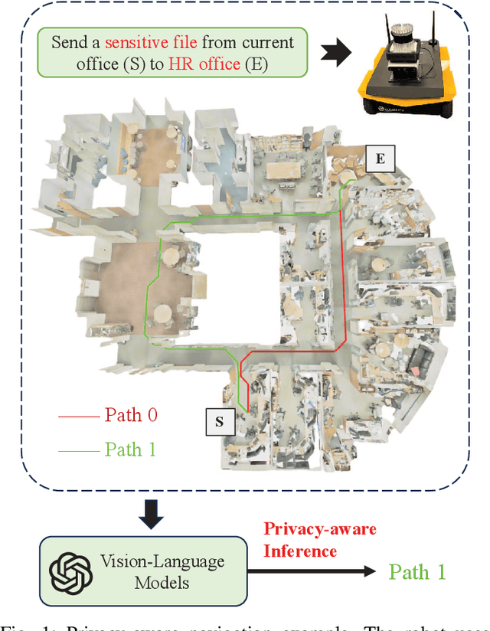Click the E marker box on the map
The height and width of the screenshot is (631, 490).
pyautogui.click(x=380, y=159)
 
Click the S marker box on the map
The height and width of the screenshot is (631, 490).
pyautogui.click(x=220, y=421)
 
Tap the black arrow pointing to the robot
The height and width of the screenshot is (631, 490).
pyautogui.click(x=336, y=53)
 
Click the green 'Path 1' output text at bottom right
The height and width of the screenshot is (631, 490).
pyautogui.click(x=416, y=571)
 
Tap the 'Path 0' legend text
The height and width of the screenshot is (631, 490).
pyautogui.click(x=131, y=416)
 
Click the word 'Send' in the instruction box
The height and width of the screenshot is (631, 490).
pyautogui.click(x=70, y=41)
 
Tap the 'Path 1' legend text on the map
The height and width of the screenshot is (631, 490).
pyautogui.click(x=130, y=450)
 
